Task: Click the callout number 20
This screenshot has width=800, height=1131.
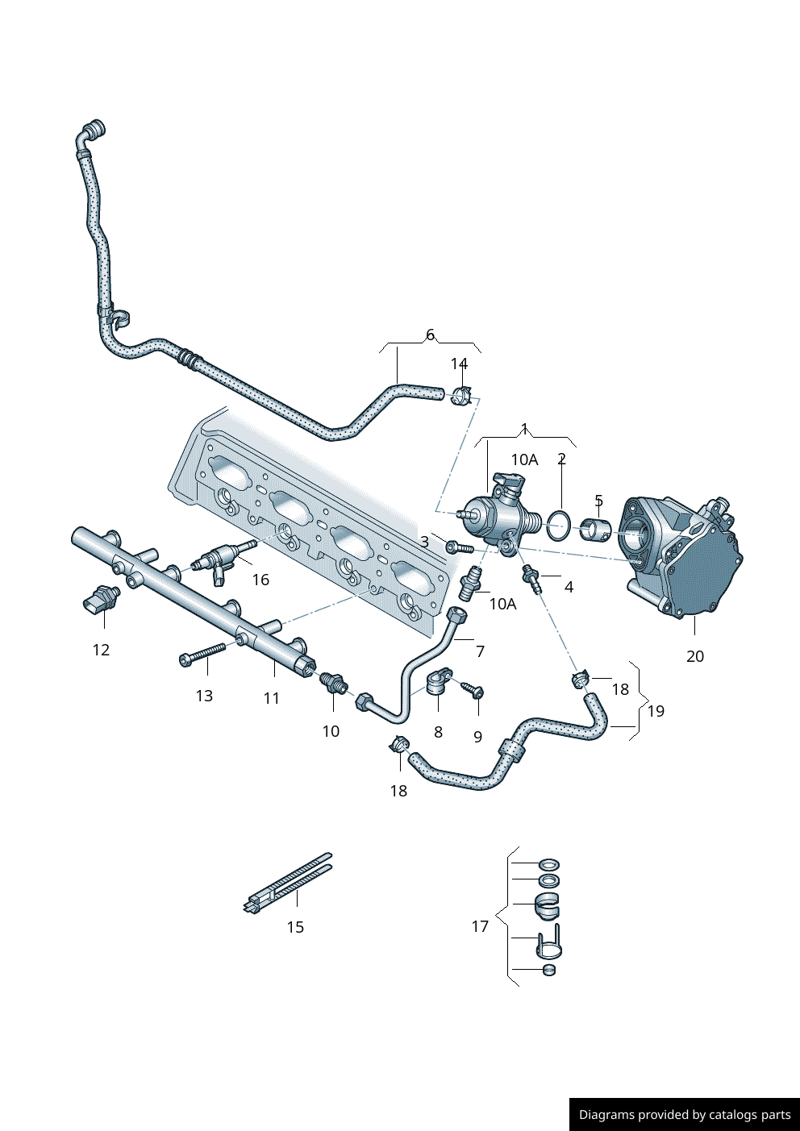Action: click(x=694, y=656)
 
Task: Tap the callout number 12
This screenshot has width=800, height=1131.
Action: click(x=101, y=650)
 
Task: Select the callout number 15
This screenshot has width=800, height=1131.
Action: click(x=295, y=927)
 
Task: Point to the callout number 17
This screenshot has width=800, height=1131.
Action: click(x=480, y=926)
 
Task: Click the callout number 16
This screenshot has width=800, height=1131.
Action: click(x=260, y=580)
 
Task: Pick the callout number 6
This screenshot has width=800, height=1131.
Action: click(x=430, y=335)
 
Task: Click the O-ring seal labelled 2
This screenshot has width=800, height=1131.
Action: click(x=558, y=525)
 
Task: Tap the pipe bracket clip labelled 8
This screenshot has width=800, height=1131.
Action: click(x=438, y=684)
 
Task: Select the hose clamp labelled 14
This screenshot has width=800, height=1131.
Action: click(x=462, y=397)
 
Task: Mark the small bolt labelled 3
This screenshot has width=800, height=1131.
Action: click(x=458, y=547)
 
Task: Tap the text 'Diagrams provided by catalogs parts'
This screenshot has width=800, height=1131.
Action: click(x=685, y=1115)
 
